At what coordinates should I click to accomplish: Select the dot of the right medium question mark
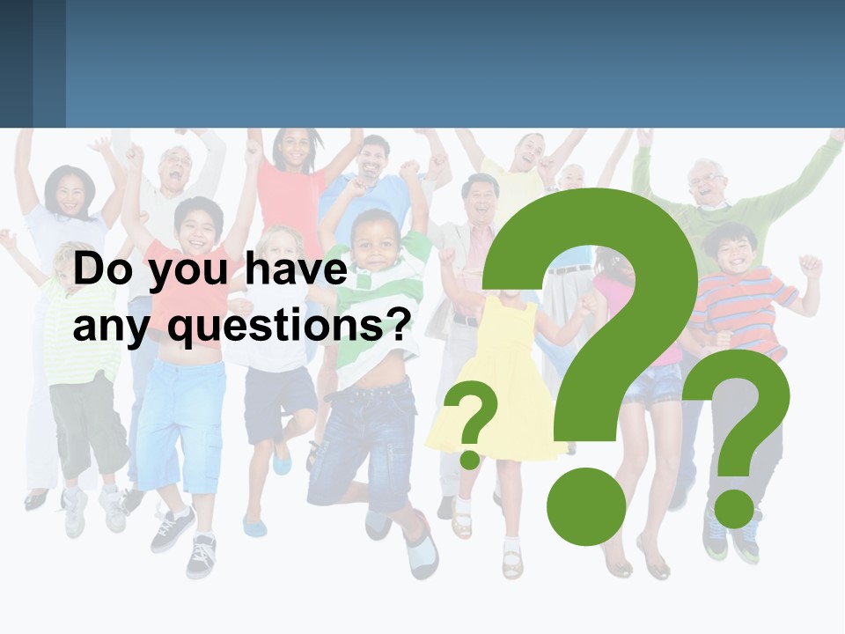point(733,505)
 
